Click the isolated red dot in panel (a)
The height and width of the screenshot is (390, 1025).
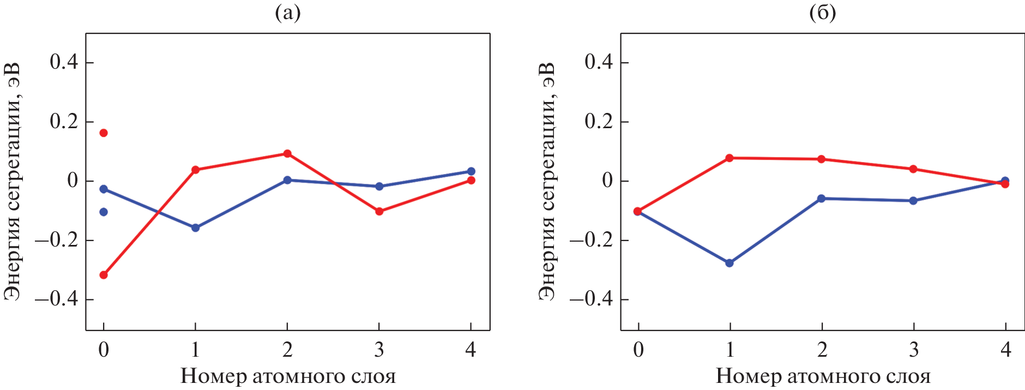[x=104, y=133]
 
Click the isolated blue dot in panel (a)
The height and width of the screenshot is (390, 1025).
[x=104, y=212]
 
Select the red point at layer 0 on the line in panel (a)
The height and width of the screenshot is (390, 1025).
[x=104, y=275]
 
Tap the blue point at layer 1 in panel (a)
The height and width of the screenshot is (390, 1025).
[x=195, y=228]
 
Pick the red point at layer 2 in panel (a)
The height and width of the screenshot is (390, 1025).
[x=287, y=154]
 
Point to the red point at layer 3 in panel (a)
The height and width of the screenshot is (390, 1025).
[x=379, y=212]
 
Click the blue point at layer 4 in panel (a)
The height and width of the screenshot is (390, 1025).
[x=471, y=171]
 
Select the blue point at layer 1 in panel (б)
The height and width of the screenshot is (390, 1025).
[x=729, y=263]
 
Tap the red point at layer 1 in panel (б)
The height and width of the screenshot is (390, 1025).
[x=729, y=158]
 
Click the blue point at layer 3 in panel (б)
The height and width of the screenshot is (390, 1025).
[x=913, y=201]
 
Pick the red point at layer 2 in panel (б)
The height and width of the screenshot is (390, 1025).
[x=821, y=159]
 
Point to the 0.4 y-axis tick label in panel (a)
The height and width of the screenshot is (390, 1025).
[x=64, y=62]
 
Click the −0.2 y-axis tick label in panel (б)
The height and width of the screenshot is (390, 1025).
[x=591, y=241]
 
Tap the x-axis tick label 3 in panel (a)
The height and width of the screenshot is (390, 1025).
[x=379, y=350]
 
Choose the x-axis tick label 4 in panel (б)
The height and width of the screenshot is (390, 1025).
[x=1006, y=350]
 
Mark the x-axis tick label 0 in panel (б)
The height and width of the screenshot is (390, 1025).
[x=638, y=350]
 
